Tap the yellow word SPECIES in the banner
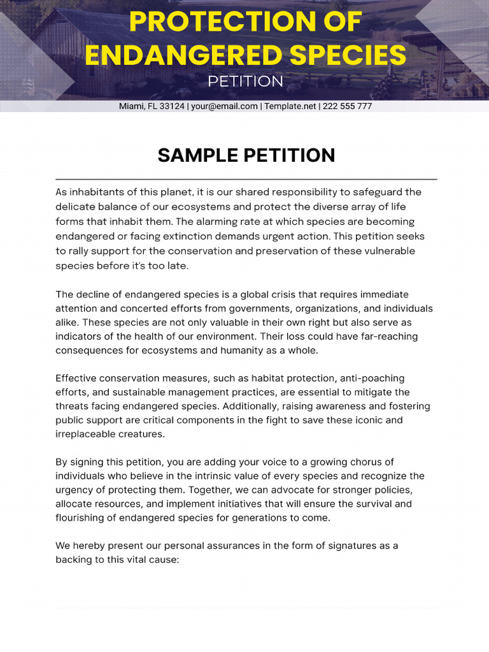coord(353,55)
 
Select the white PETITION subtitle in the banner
coord(245,81)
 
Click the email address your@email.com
coord(223,106)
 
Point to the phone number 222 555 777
coord(347,106)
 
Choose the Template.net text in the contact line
coord(290,106)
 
